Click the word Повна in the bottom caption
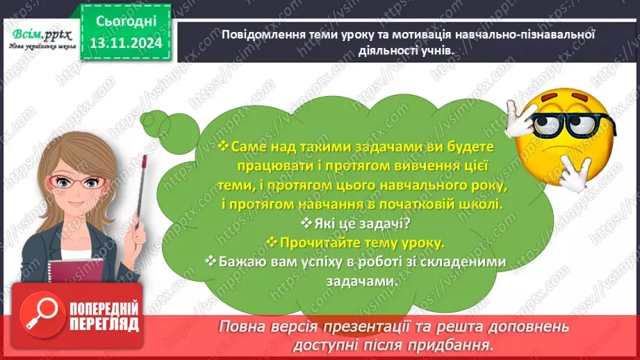pyautogui.click(x=240, y=325)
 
